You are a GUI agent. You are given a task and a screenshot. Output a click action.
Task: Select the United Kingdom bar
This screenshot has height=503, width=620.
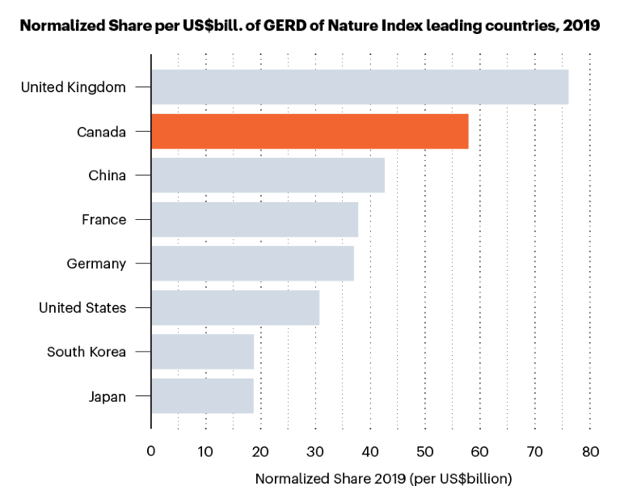pos(360,87)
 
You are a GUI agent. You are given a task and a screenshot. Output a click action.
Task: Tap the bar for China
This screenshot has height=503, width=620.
pos(268,175)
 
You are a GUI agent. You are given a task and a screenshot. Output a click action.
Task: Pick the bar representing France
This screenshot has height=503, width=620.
pos(255,219)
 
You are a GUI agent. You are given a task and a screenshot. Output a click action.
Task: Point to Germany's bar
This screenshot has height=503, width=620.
pos(252,264)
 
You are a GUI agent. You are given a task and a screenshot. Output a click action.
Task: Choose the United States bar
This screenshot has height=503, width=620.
pos(235,307)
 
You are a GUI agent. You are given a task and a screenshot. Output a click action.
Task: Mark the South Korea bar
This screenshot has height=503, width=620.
pos(203,352)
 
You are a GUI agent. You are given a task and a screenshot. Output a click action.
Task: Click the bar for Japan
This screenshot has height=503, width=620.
pos(202,395)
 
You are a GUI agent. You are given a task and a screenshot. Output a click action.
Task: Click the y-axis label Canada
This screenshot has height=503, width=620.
pos(101,132)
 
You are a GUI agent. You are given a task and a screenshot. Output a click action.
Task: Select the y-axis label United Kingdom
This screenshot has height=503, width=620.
pos(73,87)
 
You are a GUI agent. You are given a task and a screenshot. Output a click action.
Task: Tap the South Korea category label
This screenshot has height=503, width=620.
pos(86,352)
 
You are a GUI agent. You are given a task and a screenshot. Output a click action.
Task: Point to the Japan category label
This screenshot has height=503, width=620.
pos(107,396)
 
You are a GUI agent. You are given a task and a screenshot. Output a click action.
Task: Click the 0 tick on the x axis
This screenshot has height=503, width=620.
pos(151,450)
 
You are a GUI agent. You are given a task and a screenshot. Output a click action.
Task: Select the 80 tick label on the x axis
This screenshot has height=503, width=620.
pos(590,450)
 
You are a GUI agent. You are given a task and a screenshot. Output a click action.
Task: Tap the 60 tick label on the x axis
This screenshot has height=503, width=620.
pos(480,450)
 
